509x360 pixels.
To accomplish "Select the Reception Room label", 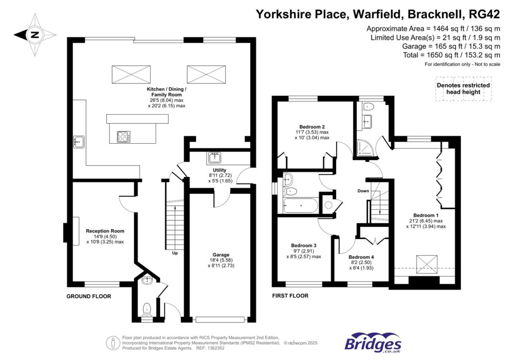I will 105,236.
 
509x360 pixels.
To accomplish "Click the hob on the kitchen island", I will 124,136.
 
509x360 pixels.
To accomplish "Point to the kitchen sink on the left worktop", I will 79,142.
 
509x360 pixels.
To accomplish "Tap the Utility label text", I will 220,176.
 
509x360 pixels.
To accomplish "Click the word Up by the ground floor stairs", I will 175,253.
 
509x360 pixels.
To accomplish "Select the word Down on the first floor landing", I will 363,190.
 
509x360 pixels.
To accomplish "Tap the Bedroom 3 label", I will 304,251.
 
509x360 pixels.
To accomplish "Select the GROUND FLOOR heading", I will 88,296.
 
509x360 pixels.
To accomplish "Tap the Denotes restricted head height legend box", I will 463,89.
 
